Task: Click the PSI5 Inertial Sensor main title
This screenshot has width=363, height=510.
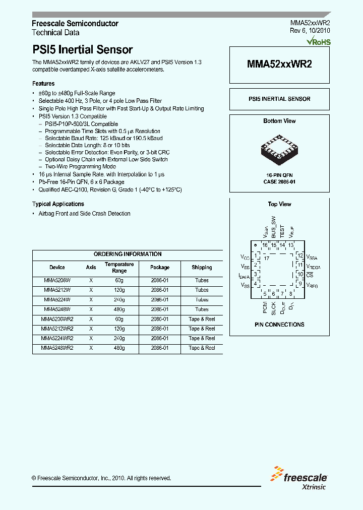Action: pos(82,50)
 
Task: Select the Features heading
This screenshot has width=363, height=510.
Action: pos(43,84)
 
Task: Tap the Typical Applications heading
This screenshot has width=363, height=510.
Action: pos(58,204)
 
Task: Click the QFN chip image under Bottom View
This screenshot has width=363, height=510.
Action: pos(279,149)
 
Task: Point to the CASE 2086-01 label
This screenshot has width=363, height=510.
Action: pos(280,181)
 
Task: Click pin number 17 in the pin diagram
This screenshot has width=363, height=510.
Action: pos(267,258)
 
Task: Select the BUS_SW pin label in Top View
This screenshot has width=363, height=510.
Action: pos(274,227)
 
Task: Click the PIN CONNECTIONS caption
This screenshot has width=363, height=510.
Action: pos(279,325)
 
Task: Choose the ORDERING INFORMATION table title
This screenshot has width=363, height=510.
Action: pos(128,254)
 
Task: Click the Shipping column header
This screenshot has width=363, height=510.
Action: pos(202,268)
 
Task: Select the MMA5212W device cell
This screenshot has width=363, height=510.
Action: pos(57,290)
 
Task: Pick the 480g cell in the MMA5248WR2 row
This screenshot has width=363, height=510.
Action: pos(119,348)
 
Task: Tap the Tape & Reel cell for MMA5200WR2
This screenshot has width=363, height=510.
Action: pos(202,320)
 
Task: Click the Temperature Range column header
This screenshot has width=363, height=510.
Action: pos(119,268)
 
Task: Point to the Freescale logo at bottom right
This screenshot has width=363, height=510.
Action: pos(299,479)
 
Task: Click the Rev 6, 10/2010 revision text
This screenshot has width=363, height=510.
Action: pos(310,31)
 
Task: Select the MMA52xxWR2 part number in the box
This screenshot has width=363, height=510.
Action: pos(279,64)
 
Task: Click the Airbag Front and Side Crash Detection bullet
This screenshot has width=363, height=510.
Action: pos(84,214)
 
